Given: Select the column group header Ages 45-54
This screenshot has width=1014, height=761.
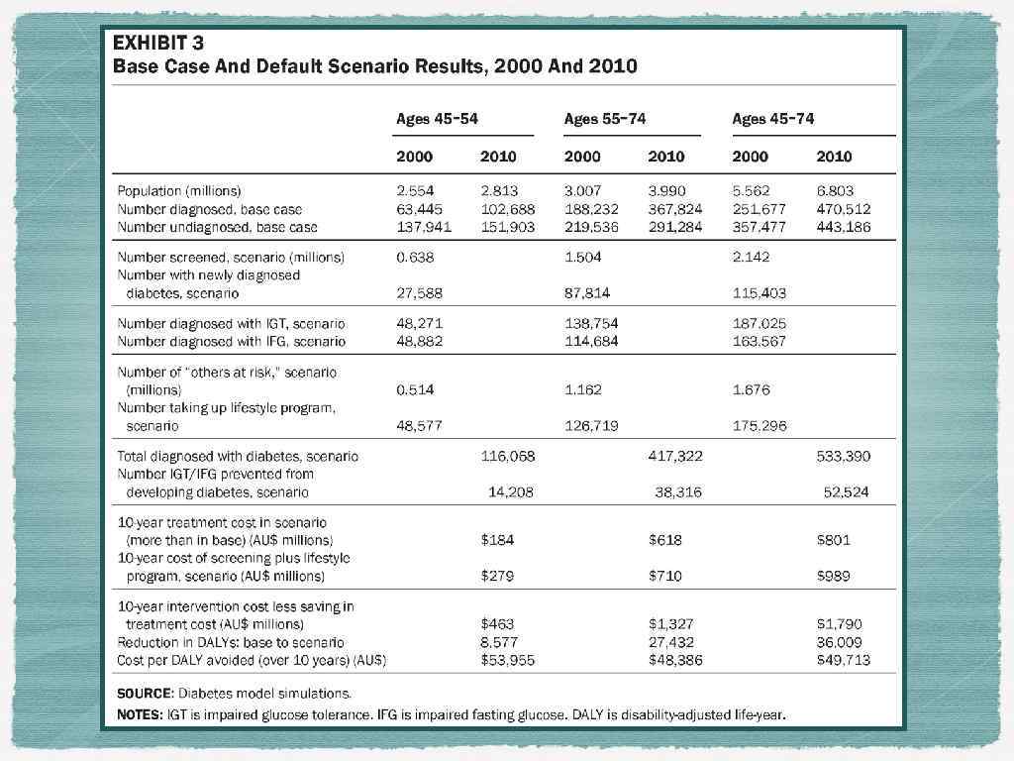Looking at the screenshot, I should point(437,119).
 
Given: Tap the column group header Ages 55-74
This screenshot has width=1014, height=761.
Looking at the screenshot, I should point(604,119).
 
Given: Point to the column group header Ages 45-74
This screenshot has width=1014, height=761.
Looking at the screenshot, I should point(772,119).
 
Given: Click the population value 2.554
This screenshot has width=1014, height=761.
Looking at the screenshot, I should point(415,190).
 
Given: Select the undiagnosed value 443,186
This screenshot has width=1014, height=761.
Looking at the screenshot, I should point(842,227).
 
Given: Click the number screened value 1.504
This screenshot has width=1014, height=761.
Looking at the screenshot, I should point(582,257).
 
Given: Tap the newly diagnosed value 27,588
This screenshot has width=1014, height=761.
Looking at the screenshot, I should point(419,293).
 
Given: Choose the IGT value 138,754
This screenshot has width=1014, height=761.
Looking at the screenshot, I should point(591,323).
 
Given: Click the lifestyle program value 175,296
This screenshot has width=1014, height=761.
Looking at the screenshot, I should point(760,426).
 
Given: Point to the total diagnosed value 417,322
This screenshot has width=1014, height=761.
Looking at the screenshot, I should point(674,457).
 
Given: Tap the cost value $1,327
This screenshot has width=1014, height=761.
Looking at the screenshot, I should point(670,624).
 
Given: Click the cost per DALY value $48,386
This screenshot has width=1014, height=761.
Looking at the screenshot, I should point(675,660).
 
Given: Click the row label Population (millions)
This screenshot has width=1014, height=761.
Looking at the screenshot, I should point(179,190).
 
